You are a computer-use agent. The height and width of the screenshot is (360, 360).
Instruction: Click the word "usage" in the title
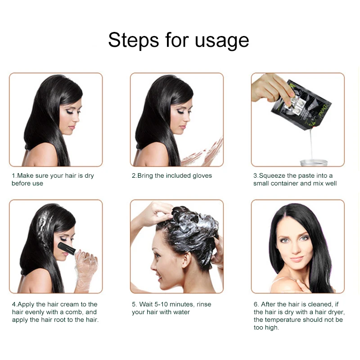[x=222, y=41]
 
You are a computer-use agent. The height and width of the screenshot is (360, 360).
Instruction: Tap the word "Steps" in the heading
[x=133, y=40]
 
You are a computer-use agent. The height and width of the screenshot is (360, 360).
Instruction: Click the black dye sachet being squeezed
[x=301, y=105]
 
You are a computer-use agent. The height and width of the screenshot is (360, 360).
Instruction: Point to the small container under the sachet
[x=314, y=162]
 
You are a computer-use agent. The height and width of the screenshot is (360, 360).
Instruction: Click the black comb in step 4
[x=67, y=248]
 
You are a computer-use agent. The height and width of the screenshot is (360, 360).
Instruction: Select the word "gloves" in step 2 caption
[x=202, y=176]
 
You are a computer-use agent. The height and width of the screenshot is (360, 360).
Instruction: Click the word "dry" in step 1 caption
[x=89, y=176]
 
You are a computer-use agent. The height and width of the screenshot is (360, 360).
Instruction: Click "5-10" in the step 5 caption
[x=161, y=304]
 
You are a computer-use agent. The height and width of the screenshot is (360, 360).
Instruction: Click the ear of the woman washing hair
[x=186, y=260]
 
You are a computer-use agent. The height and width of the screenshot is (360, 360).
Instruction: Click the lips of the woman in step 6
[x=297, y=259]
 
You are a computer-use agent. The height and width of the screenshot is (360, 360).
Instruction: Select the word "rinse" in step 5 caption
[x=204, y=304]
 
